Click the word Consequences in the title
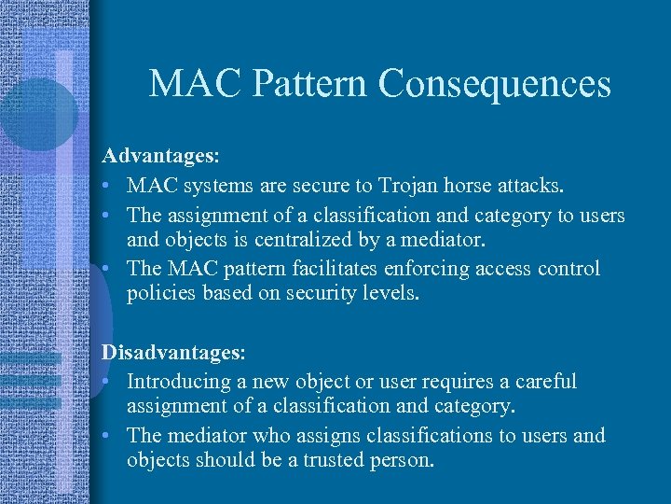pos(494,84)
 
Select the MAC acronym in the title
pos(196,84)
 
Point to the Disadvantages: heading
pos(173,353)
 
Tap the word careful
pos(545,382)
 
